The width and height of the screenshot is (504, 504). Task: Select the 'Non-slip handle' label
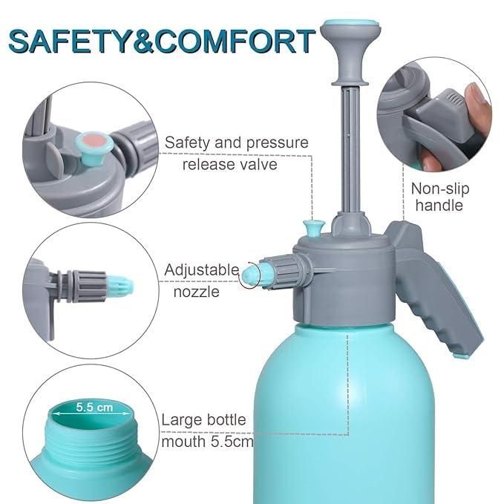coord(439,197)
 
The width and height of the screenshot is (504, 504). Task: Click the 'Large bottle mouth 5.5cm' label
coord(208,431)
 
